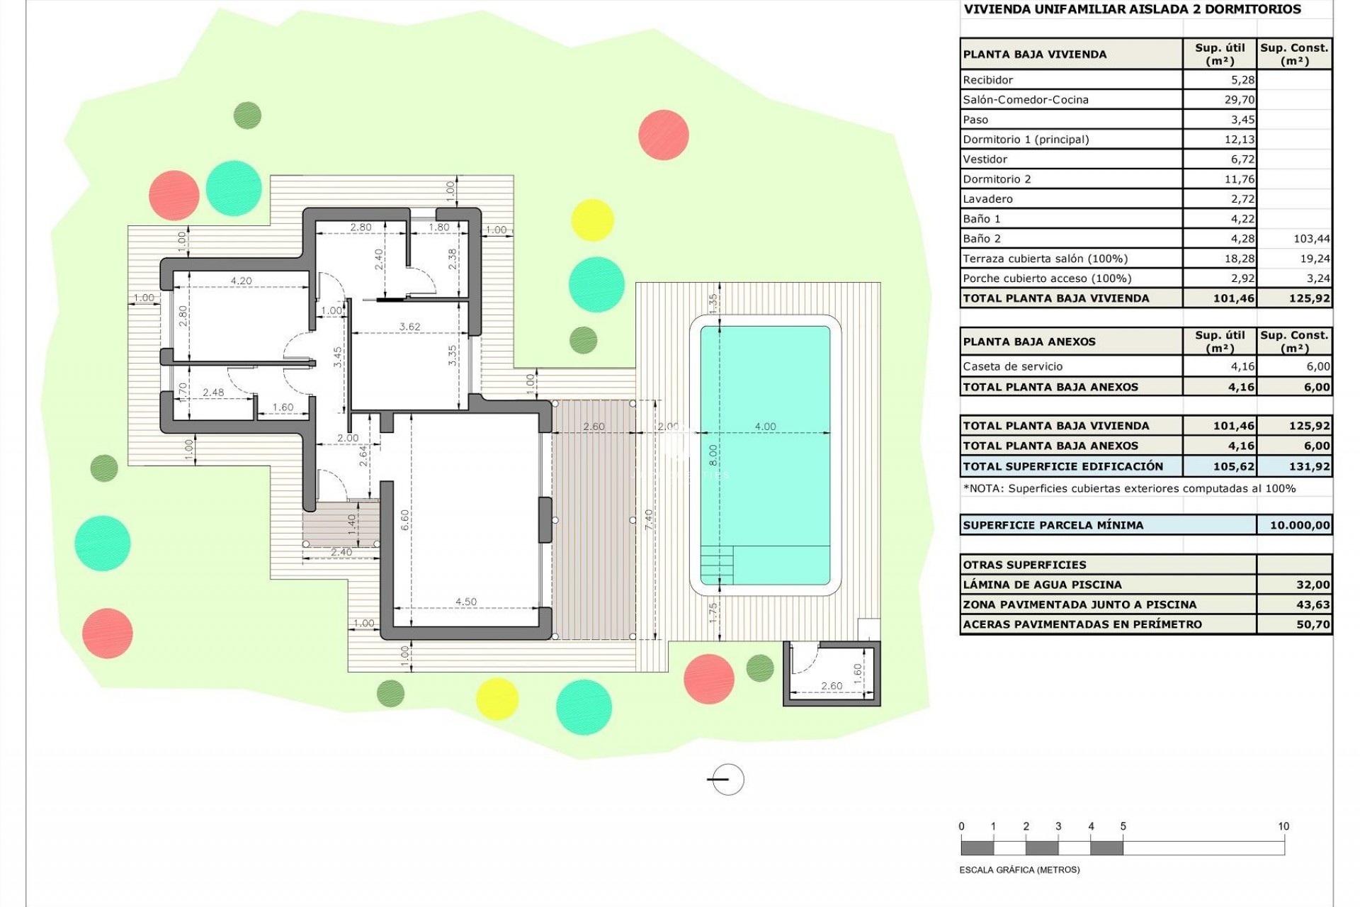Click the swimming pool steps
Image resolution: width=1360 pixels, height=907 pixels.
pos(717,565)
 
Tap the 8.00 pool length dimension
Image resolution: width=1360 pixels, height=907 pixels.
pos(713,454)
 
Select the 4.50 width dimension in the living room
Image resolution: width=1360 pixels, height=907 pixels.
pos(466,602)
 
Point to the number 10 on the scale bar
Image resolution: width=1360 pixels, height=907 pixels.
pos(1283,826)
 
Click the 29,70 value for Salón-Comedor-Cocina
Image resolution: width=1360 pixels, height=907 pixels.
pos(1239,100)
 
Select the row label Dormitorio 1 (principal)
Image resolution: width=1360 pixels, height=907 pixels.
pos(1026,140)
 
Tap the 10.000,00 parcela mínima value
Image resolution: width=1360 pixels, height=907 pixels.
pos(1299,525)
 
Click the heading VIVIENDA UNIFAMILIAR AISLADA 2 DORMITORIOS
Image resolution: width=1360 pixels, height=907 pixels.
pos(1132,9)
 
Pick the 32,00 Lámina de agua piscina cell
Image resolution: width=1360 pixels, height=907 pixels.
pos(1313,585)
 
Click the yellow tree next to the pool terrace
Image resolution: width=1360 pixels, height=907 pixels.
pos(591,220)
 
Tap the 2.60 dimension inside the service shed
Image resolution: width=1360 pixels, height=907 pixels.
pos(832,686)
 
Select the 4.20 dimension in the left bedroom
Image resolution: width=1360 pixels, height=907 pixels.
pos(241,281)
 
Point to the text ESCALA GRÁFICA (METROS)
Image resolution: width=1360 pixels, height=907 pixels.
pos(1019,869)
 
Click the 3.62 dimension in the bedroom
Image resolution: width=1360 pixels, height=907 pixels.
pos(409,327)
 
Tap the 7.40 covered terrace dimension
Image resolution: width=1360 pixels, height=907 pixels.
pos(649,519)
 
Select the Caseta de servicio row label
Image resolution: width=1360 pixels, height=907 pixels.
pos(1012,366)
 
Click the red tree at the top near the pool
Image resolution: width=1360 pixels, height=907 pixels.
pos(663,134)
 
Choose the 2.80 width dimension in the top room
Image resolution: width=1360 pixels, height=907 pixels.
pos(361,227)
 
